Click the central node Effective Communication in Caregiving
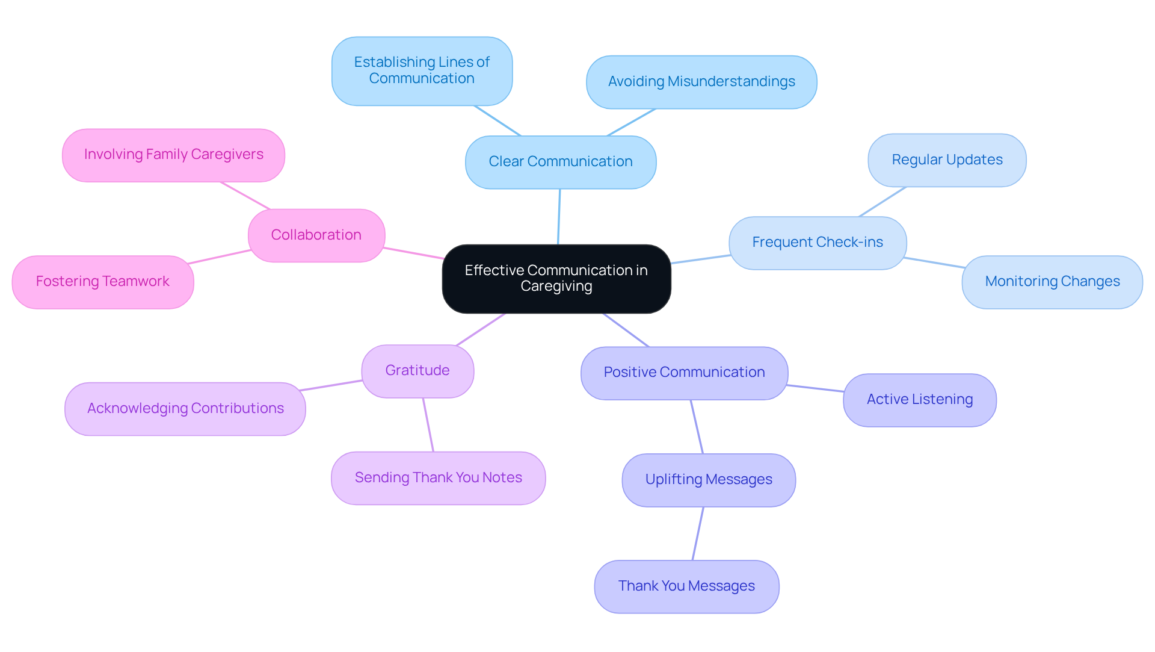[x=556, y=279]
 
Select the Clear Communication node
[x=560, y=162]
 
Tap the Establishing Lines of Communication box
[x=422, y=71]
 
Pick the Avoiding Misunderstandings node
[x=701, y=82]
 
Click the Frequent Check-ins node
[x=817, y=243]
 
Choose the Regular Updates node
[x=946, y=160]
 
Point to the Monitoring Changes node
[x=1052, y=282]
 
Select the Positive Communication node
[x=684, y=373]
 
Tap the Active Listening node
[x=919, y=400]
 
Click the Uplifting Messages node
[x=708, y=480]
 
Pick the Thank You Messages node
[x=686, y=586]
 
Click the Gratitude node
[x=417, y=371]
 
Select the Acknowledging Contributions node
[x=185, y=409]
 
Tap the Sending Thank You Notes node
[x=438, y=478]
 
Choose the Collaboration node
[x=316, y=235]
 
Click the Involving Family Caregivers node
[x=173, y=155]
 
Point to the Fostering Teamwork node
[x=103, y=282]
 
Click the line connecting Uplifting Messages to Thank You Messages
[x=698, y=533]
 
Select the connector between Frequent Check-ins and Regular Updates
[x=882, y=202]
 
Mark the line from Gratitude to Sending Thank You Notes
[x=428, y=425]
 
